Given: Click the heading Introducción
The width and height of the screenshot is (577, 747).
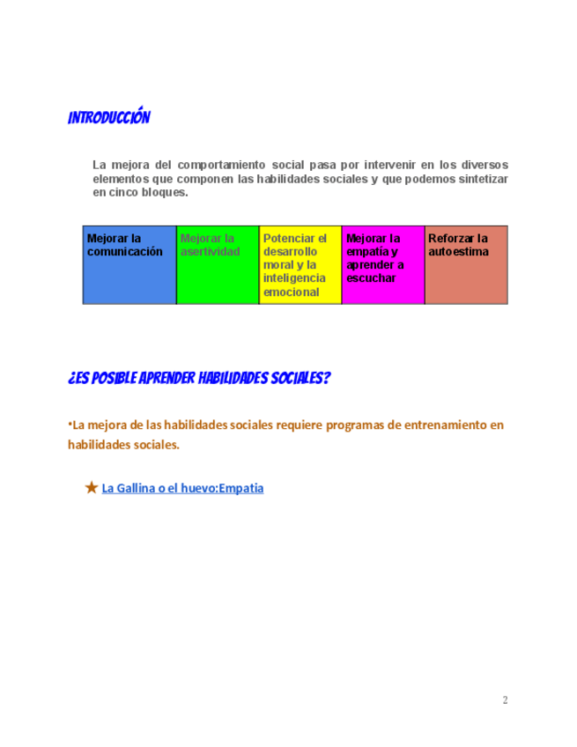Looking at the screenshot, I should click(x=109, y=118).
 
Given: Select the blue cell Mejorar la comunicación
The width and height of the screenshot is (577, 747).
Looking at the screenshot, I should click(x=129, y=265).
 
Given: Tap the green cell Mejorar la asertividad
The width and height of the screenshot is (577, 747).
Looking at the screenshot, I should click(x=218, y=265).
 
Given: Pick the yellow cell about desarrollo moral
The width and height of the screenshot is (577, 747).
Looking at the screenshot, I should click(x=300, y=265).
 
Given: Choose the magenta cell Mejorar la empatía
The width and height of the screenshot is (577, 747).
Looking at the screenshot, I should click(x=383, y=265).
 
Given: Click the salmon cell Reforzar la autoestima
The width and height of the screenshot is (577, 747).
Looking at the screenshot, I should click(x=466, y=265).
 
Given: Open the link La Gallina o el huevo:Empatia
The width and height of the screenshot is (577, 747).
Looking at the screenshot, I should click(x=183, y=487).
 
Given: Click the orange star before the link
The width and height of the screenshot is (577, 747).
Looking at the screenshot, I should click(x=91, y=487).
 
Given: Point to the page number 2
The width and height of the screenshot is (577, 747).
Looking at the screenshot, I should click(x=506, y=700).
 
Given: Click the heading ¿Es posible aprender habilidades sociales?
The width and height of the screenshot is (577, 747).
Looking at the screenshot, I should click(x=199, y=379).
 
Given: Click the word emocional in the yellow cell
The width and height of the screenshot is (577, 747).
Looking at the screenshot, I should click(x=291, y=292).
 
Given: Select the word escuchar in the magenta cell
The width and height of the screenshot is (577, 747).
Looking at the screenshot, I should click(x=371, y=278).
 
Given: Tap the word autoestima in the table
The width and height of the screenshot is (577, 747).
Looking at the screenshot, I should click(x=458, y=252).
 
